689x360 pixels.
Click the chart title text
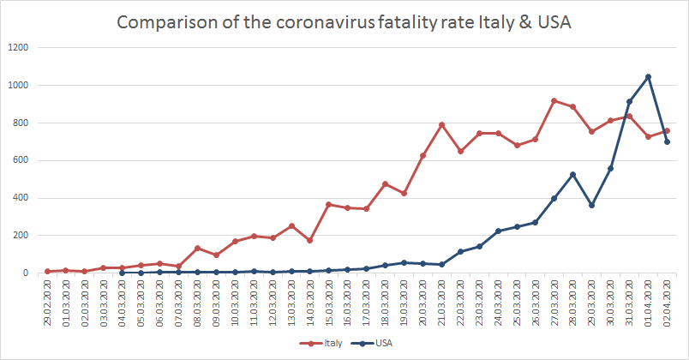(344, 21)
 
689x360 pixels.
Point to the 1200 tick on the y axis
(19, 48)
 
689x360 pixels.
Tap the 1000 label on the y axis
(19, 86)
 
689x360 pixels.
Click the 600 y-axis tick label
(21, 160)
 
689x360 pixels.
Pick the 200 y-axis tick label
(21, 236)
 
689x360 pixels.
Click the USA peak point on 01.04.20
(648, 76)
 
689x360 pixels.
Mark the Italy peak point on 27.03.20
(554, 100)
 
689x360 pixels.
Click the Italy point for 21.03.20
(441, 124)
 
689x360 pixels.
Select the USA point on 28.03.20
(573, 174)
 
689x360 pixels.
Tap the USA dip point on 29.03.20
(592, 205)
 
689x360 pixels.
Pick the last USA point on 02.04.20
(667, 141)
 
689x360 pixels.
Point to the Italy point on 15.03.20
(329, 204)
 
